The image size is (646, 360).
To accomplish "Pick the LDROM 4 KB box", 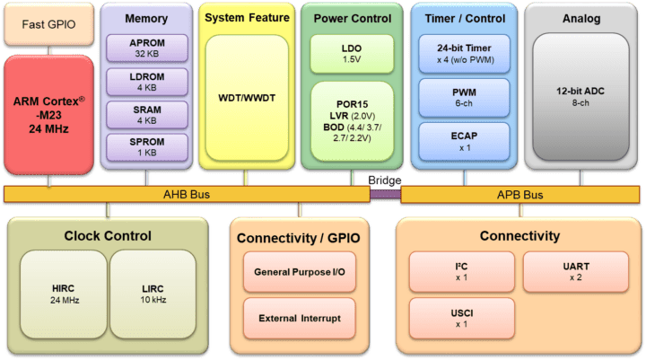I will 146,83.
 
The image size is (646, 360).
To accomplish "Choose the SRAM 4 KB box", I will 146,115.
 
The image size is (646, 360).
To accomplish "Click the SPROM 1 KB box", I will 146,148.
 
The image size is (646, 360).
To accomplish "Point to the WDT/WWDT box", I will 247,97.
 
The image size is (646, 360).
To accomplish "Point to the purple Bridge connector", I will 385,192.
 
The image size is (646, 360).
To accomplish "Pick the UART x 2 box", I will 575,270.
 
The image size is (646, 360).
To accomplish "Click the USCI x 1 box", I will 461,317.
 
